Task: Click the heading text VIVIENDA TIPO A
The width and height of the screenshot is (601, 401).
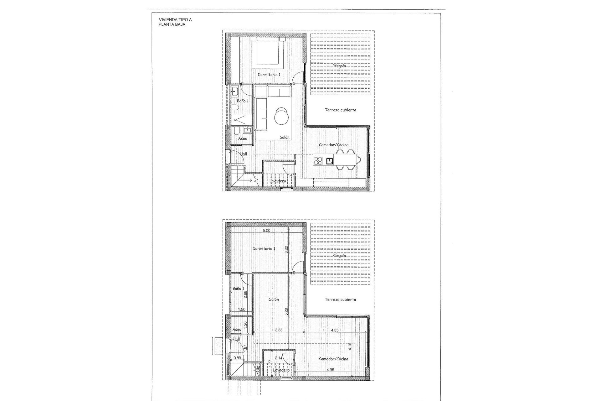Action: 175,20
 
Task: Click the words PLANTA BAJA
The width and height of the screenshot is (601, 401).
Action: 172,24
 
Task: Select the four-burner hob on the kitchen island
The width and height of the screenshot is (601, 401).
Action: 318,161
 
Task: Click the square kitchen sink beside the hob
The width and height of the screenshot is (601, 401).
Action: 330,161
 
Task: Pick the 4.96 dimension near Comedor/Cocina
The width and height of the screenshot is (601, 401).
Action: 330,370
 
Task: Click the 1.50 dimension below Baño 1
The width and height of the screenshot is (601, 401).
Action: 241,309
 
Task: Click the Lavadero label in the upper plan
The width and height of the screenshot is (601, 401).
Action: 278,181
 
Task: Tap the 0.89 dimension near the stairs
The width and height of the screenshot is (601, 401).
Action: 237,358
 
